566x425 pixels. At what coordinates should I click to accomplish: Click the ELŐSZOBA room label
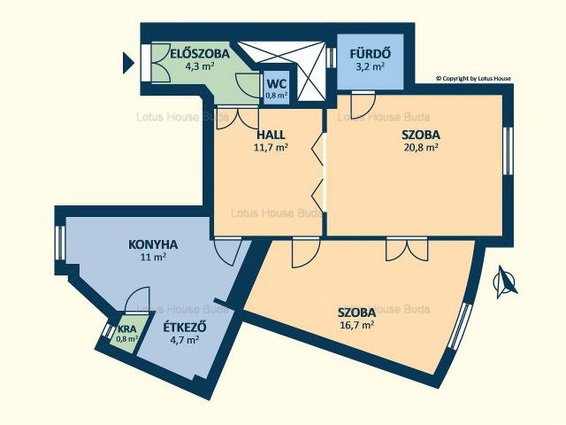click(200, 54)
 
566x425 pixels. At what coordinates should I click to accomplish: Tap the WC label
click(277, 84)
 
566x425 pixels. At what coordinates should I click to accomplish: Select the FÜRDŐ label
click(370, 54)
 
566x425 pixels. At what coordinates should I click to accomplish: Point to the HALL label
click(271, 135)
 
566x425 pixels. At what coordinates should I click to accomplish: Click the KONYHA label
click(153, 244)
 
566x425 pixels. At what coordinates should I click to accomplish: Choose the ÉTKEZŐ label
click(185, 328)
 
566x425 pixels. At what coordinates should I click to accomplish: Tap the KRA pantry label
click(127, 329)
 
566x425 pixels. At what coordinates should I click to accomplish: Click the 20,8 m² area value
click(421, 147)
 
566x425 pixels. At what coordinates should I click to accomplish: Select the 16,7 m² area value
click(356, 325)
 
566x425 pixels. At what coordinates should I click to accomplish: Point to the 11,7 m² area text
click(271, 147)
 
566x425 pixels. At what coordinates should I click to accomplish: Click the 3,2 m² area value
click(370, 66)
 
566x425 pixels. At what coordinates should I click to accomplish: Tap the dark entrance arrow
click(128, 63)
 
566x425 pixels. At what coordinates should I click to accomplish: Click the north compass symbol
click(504, 282)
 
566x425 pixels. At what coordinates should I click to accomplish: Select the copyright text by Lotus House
click(474, 78)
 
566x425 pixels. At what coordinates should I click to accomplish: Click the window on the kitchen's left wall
click(60, 242)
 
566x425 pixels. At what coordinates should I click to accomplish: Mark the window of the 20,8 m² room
click(509, 151)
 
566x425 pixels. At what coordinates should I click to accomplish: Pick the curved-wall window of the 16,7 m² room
click(459, 326)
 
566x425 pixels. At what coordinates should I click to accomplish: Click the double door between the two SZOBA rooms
click(407, 250)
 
